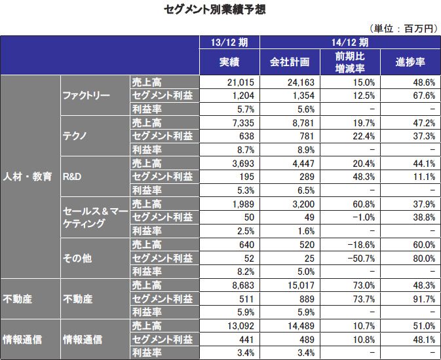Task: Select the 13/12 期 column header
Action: [x=229, y=43]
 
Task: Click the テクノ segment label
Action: [x=76, y=136]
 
